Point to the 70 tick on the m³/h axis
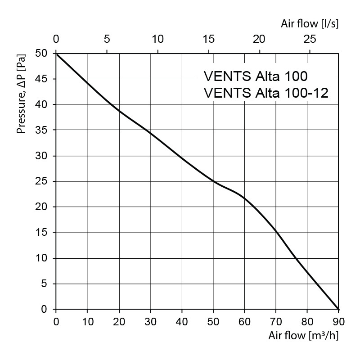click(x=276, y=322)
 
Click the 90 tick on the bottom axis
click(x=338, y=322)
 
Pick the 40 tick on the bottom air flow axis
click(x=182, y=322)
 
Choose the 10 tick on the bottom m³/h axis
click(x=87, y=322)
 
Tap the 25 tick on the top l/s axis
click(x=310, y=39)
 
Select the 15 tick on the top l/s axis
click(x=208, y=39)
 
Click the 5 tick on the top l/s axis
click(x=107, y=39)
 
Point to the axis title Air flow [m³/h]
click(x=304, y=335)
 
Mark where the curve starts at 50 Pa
click(x=56, y=54)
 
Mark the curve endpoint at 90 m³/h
click(x=338, y=309)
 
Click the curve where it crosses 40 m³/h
click(x=182, y=158)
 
